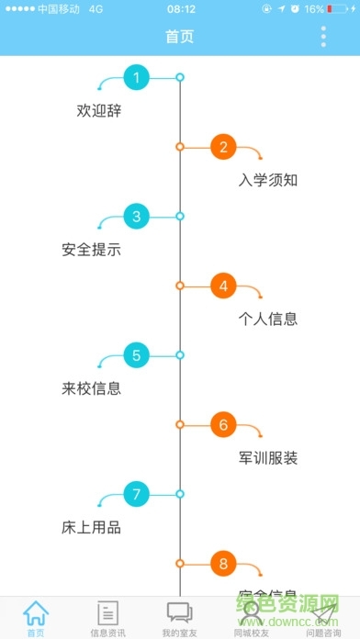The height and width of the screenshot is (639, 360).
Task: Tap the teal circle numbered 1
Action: [136, 77]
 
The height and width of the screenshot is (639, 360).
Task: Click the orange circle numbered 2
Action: [223, 146]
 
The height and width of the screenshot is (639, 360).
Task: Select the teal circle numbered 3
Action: [136, 217]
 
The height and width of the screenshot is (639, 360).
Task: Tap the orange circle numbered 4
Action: [223, 286]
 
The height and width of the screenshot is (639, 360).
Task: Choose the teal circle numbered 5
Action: [136, 355]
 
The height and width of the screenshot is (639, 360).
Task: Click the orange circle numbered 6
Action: [223, 425]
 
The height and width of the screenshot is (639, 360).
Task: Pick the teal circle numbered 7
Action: [136, 495]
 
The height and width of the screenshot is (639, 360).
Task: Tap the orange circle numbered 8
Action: [223, 564]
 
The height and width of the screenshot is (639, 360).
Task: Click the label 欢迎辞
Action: [99, 111]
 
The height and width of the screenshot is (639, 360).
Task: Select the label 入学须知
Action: [267, 180]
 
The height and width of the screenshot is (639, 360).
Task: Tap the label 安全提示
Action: [92, 250]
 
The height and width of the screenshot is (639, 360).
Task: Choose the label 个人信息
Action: [267, 319]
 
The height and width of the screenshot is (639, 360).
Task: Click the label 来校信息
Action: [92, 388]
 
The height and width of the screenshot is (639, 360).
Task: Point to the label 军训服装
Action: [267, 458]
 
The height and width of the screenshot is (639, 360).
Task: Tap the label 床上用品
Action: [92, 528]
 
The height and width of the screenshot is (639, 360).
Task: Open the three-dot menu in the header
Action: [323, 37]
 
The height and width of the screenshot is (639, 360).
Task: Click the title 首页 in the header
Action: [180, 37]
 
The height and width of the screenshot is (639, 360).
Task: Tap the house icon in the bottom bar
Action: [36, 612]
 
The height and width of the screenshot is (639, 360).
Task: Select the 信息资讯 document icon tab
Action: [107, 612]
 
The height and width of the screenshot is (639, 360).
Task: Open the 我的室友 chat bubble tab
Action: [179, 612]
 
